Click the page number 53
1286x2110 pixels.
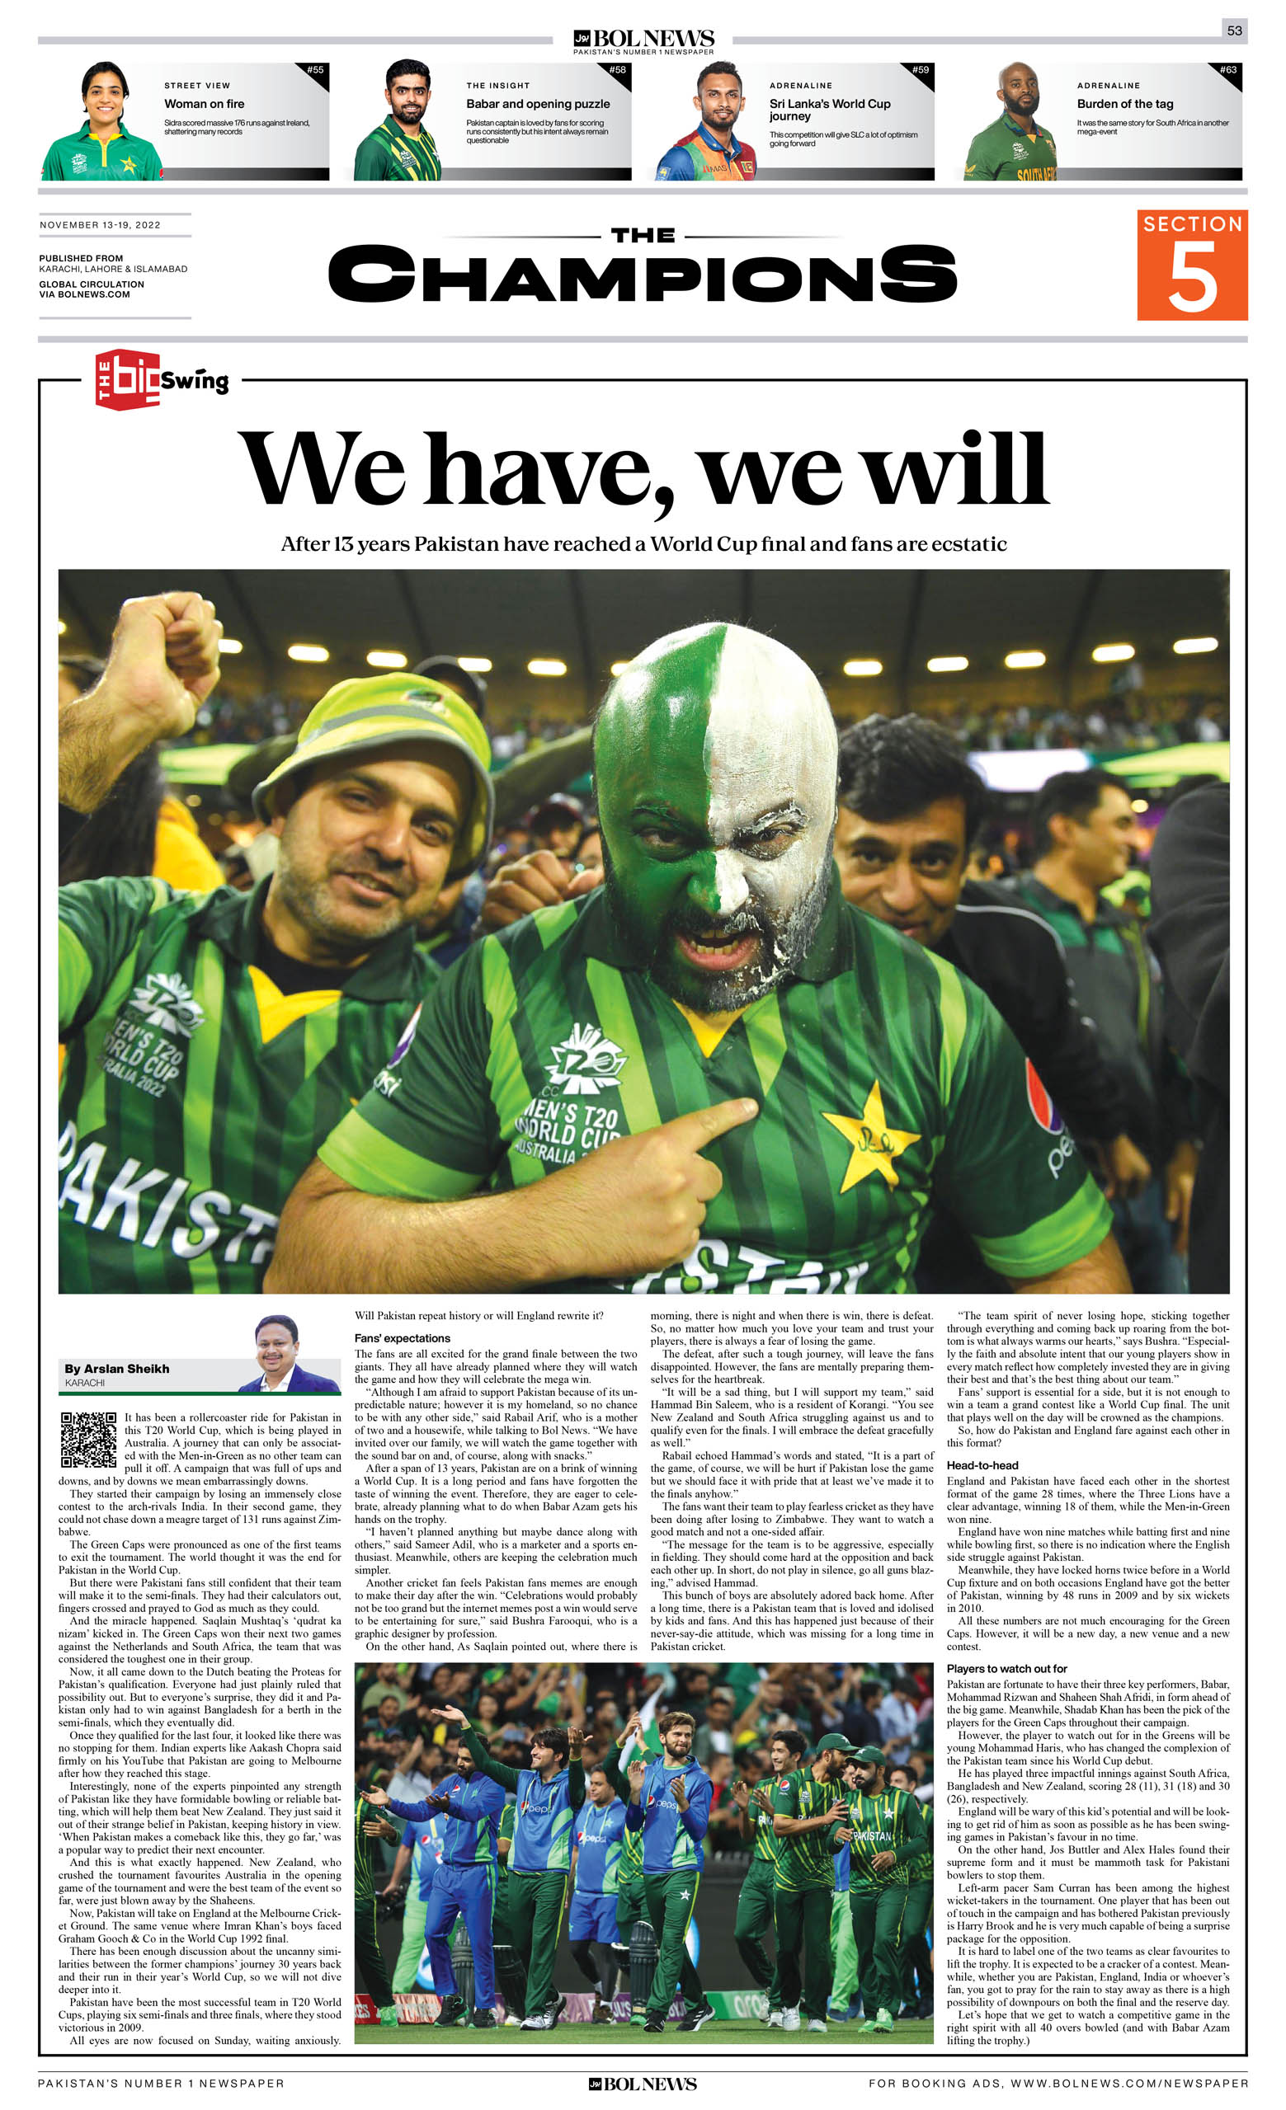point(1234,30)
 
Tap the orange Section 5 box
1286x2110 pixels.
point(1192,265)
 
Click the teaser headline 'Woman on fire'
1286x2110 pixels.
point(204,104)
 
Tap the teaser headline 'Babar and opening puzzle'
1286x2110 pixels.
point(537,104)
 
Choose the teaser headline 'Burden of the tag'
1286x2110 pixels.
point(1124,104)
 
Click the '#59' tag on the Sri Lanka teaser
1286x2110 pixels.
point(921,70)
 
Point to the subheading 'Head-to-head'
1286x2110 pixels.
point(982,1465)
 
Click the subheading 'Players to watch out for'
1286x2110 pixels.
point(1006,1668)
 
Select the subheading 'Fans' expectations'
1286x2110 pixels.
point(402,1337)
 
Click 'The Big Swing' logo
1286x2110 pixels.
point(161,379)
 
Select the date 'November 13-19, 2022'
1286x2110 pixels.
point(101,225)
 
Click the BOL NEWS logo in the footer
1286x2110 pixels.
point(642,2084)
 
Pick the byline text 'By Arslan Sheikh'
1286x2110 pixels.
point(116,1369)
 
